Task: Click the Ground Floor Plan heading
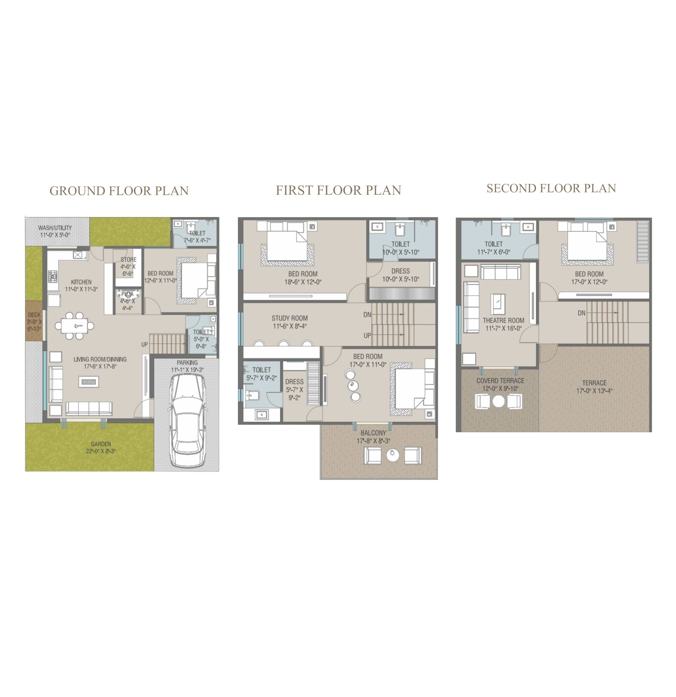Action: pyautogui.click(x=119, y=191)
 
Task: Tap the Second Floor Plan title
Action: pyautogui.click(x=551, y=188)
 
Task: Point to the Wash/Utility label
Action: pyautogui.click(x=55, y=228)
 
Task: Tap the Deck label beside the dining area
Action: pyautogui.click(x=34, y=315)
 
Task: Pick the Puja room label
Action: pyautogui.click(x=127, y=294)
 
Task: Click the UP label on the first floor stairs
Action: pyautogui.click(x=367, y=335)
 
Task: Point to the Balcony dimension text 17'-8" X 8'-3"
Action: pyautogui.click(x=374, y=441)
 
